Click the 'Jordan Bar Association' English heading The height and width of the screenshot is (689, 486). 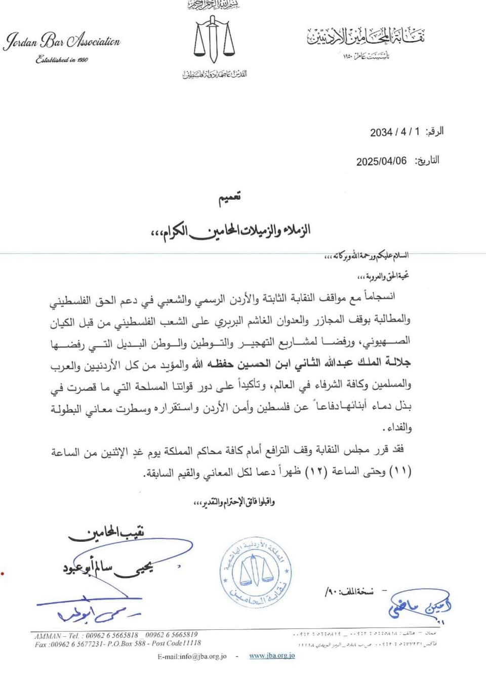(62, 41)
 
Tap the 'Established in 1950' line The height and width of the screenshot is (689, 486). (62, 60)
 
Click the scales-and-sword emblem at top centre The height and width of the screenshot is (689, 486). (214, 40)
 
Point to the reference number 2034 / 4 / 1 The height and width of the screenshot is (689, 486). (395, 132)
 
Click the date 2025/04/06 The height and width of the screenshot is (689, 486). (381, 161)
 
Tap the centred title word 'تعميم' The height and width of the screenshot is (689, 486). (229, 198)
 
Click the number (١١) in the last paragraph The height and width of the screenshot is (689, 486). (403, 471)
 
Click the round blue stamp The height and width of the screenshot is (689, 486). (256, 572)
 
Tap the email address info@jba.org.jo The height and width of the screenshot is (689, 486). (192, 656)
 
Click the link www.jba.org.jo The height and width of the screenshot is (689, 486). (272, 656)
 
